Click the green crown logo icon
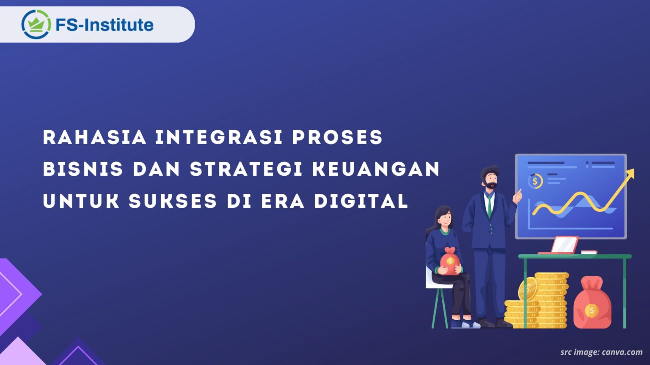pos(36,25)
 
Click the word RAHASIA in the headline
pos(95,138)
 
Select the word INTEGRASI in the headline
pos(219,138)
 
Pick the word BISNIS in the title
pos(83,169)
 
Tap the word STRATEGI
pos(246,169)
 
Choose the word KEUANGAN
pos(376,169)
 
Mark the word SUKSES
pos(173,201)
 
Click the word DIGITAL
pos(361,201)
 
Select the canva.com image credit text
pos(601,352)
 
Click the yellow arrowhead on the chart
pos(630,174)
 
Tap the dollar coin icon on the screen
pos(535,182)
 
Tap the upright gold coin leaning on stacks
pos(528,289)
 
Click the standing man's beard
pos(491,185)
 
